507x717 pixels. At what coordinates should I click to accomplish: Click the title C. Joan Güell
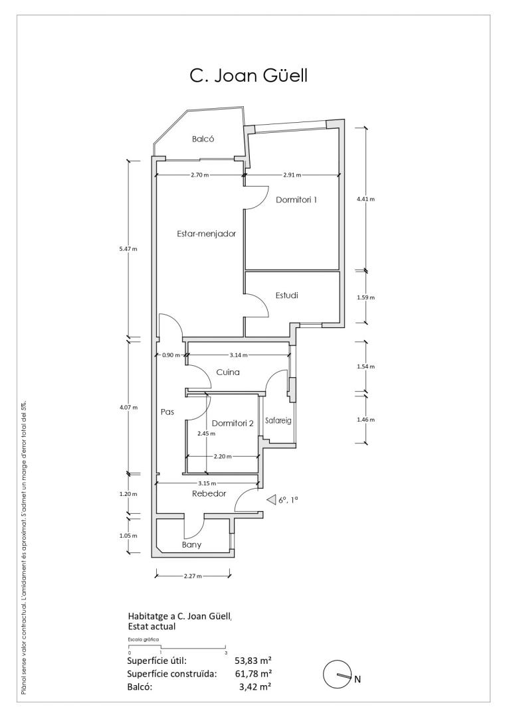click(249, 76)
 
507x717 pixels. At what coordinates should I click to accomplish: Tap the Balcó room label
click(203, 139)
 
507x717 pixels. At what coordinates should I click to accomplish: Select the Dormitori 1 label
click(296, 200)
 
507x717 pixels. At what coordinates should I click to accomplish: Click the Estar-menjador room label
click(207, 234)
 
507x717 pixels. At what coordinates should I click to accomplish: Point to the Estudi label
click(287, 295)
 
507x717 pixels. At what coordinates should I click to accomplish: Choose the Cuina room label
click(228, 372)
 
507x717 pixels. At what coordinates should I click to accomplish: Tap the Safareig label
click(278, 421)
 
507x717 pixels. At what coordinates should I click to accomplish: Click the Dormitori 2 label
click(233, 424)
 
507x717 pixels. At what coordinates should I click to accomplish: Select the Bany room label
click(192, 544)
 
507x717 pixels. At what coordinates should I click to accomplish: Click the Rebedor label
click(209, 494)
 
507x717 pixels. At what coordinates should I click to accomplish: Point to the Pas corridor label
click(167, 412)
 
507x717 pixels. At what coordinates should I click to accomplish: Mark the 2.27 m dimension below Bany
click(193, 576)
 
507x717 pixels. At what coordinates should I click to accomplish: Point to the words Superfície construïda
click(172, 674)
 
